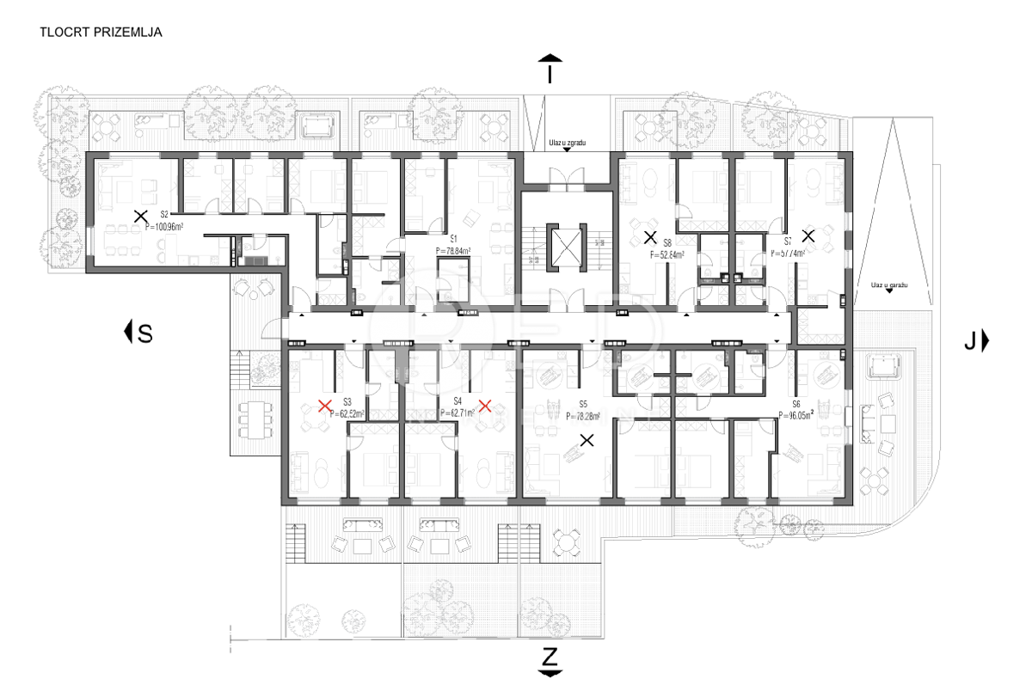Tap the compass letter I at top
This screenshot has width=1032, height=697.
pos(550,75)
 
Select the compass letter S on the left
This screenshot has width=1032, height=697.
pos(145,333)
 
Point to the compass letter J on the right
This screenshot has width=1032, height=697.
pos(970,341)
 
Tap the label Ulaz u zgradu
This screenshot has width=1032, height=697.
pos(567,142)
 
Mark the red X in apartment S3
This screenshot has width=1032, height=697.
pos(325,406)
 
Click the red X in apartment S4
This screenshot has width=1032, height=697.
pos(485,406)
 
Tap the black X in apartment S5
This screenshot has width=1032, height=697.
pos(587,441)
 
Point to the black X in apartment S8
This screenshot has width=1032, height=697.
pos(650,236)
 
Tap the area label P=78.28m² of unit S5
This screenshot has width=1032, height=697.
pos(583,415)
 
